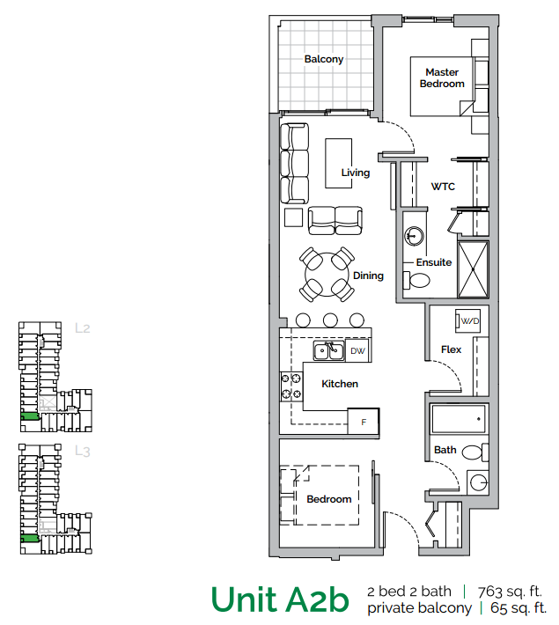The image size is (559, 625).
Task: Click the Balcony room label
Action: [x=323, y=59]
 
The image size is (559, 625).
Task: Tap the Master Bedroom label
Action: [x=442, y=78]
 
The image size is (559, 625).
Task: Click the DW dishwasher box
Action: [x=357, y=351]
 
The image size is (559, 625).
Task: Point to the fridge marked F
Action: [x=364, y=422]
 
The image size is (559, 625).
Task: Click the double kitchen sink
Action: [x=329, y=352]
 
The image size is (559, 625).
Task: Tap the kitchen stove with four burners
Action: [x=291, y=386]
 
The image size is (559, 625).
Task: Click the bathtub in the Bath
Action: [x=458, y=417]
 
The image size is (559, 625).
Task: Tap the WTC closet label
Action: [x=442, y=187]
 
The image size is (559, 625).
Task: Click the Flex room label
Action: [x=451, y=349]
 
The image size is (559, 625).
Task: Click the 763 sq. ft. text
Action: [x=510, y=592]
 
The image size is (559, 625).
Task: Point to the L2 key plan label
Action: [x=83, y=328]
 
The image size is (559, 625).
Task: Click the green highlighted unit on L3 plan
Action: [x=30, y=538]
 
